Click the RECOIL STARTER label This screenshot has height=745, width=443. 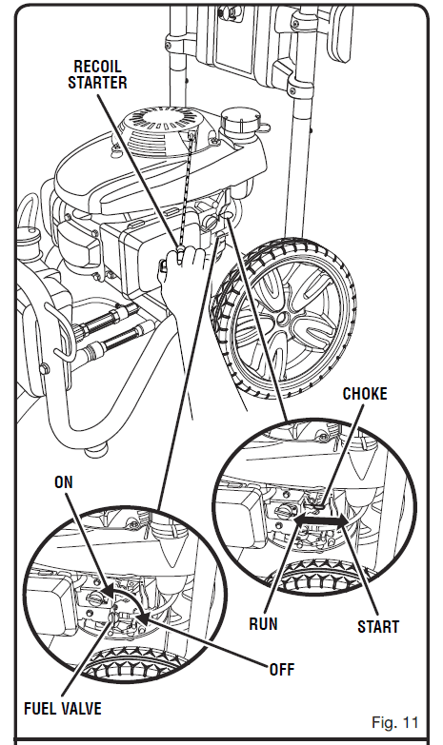click(x=97, y=74)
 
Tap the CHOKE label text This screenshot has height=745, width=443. click(x=365, y=394)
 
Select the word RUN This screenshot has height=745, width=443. click(x=263, y=624)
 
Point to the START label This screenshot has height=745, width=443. click(x=378, y=627)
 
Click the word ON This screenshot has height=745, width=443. click(x=64, y=482)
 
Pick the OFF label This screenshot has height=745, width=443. click(x=282, y=670)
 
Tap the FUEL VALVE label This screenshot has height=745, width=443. click(x=63, y=709)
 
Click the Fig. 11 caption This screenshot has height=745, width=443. click(x=395, y=723)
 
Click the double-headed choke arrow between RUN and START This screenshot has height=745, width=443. click(x=320, y=521)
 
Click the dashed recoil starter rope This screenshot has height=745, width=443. click(x=187, y=190)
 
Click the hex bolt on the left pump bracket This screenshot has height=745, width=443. click(x=44, y=369)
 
